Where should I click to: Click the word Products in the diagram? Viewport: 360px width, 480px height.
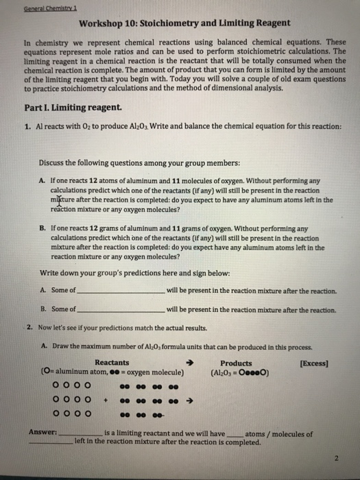point(236,363)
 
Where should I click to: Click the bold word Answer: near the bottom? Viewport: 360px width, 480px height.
point(42,433)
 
